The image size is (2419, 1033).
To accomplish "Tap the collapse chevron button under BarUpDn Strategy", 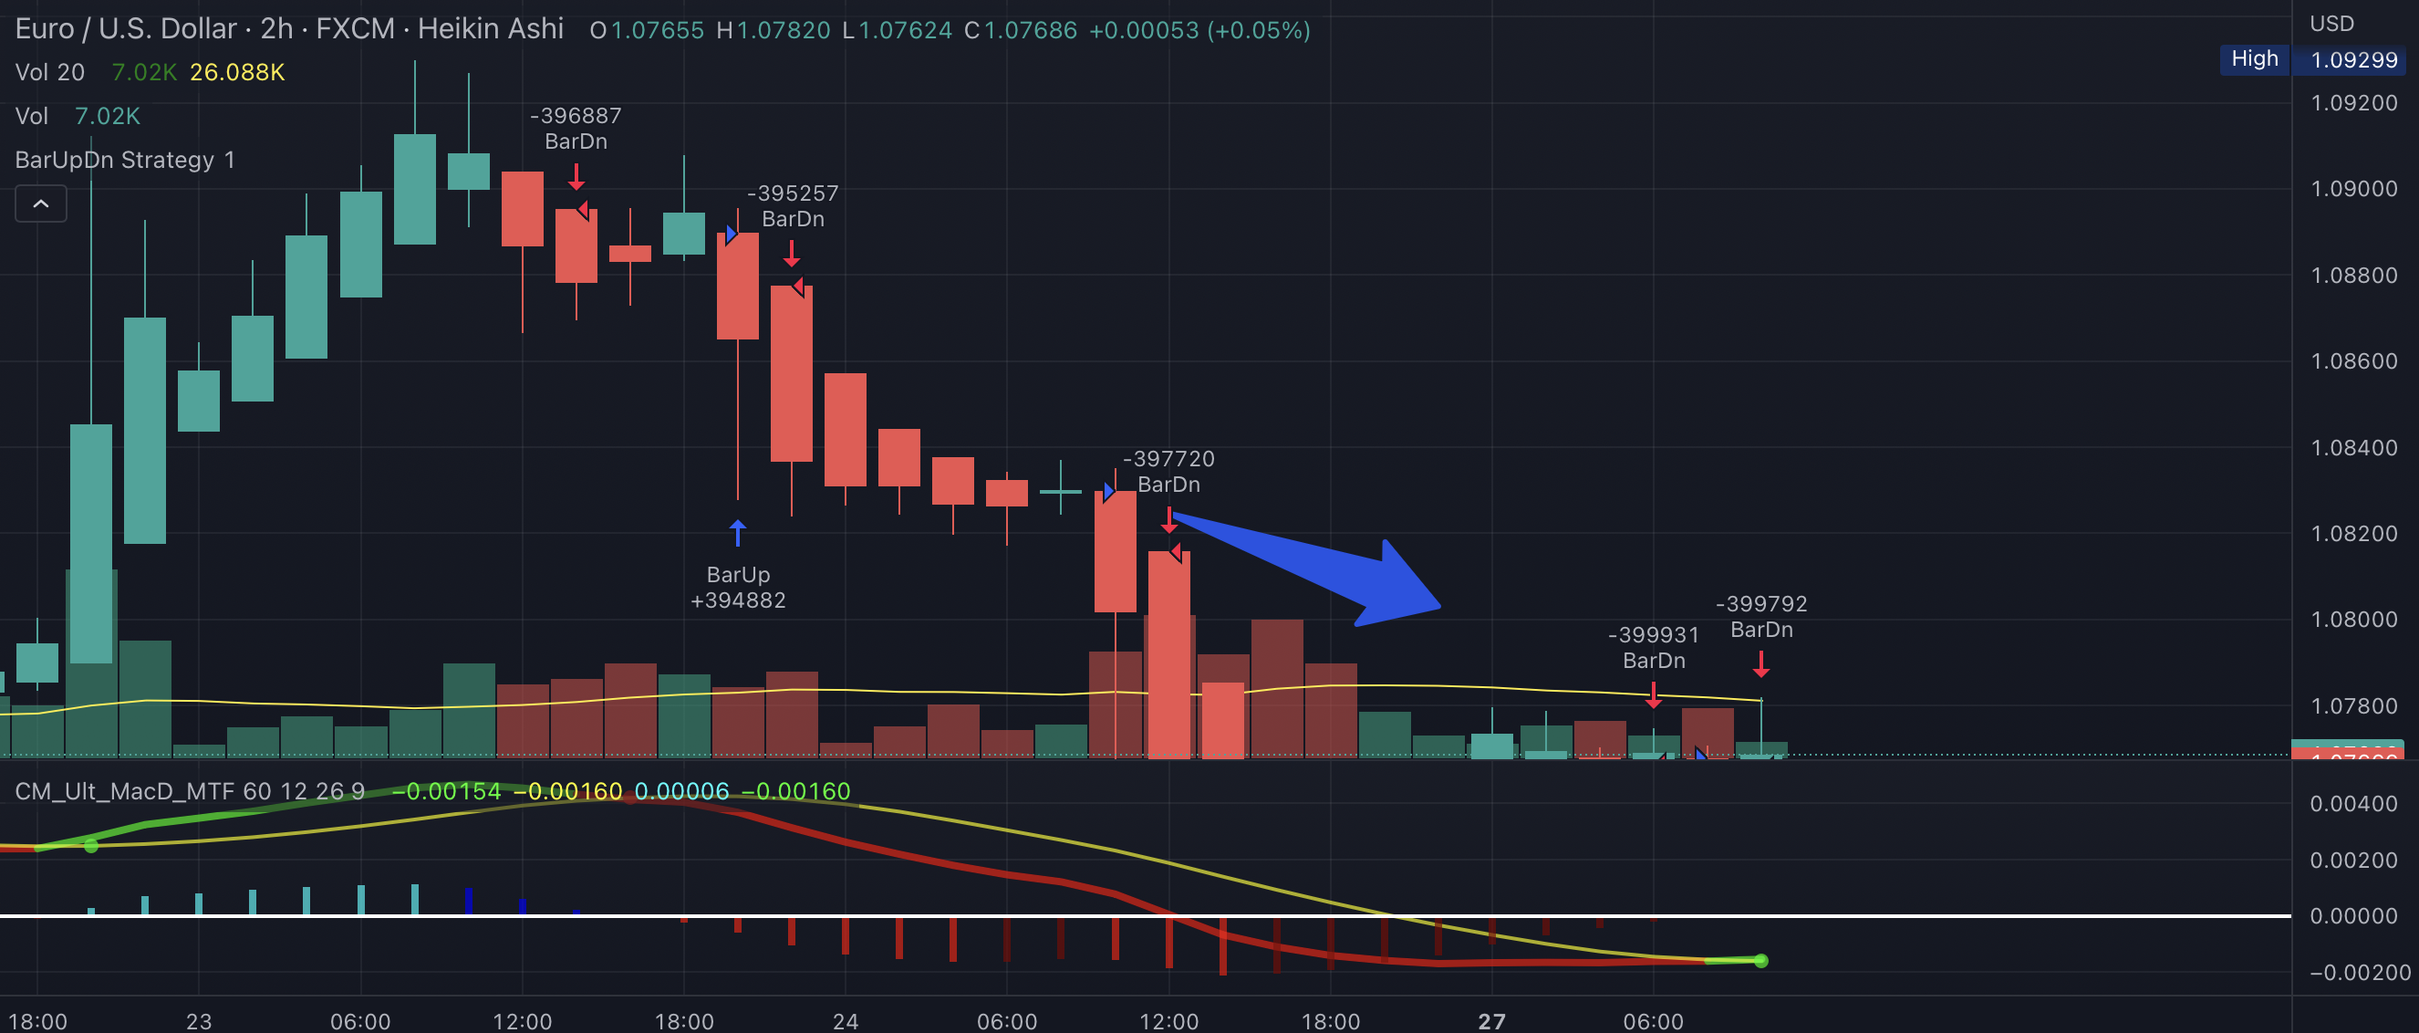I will click(x=41, y=203).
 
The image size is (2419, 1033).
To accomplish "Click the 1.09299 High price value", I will click(x=2353, y=60).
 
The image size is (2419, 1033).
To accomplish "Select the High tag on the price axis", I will click(x=2254, y=59).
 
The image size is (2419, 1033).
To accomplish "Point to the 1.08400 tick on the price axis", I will click(x=2353, y=448).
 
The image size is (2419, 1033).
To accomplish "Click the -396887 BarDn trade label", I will click(x=576, y=129).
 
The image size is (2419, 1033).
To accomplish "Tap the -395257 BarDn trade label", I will click(x=793, y=205).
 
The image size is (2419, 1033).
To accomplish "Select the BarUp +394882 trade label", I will click(x=738, y=587).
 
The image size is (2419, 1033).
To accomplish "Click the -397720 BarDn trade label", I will click(x=1168, y=472).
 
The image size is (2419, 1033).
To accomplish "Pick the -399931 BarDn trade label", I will click(x=1654, y=648).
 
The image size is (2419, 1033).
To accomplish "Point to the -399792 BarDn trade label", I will click(x=1761, y=617).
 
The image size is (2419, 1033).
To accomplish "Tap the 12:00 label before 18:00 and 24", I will click(x=522, y=1021).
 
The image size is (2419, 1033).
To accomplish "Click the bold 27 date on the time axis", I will click(x=1491, y=1021).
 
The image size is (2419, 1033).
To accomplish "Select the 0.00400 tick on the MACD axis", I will click(x=2353, y=804).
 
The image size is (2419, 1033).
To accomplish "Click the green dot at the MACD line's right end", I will click(x=1760, y=961).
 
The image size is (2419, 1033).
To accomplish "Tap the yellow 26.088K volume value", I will click(x=236, y=72).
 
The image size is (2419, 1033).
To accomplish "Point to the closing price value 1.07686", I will click(x=1030, y=31).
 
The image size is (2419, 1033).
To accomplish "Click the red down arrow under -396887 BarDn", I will click(x=576, y=175).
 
